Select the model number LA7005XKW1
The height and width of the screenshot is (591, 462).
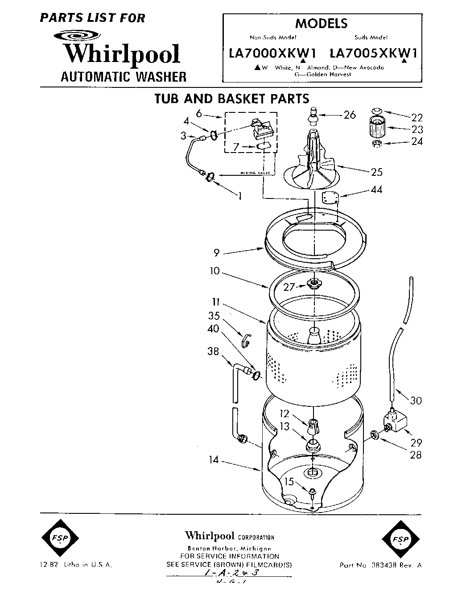(373, 54)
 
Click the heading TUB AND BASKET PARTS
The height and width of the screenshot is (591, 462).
(231, 98)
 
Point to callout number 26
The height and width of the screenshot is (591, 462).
(350, 115)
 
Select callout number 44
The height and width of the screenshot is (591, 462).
(376, 190)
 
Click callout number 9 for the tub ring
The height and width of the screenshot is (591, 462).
(216, 253)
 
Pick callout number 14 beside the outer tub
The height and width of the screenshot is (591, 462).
(214, 459)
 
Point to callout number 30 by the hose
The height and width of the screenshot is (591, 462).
(416, 401)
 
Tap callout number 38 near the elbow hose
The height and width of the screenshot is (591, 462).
(214, 351)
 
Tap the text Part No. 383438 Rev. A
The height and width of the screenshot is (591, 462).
(380, 565)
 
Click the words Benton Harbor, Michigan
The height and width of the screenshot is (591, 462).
(229, 549)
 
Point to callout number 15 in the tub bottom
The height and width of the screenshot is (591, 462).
(289, 482)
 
